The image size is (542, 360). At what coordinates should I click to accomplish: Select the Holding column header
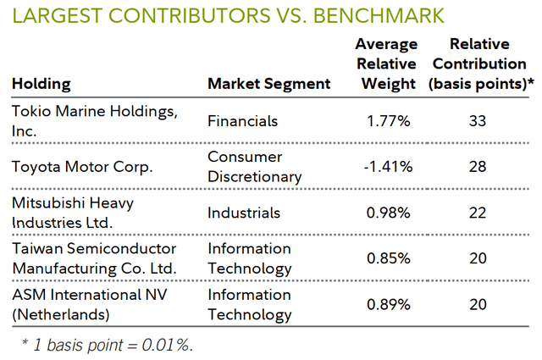(x=41, y=84)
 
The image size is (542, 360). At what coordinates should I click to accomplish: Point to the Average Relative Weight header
(x=386, y=64)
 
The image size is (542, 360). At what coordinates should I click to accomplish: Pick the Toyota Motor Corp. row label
(x=82, y=167)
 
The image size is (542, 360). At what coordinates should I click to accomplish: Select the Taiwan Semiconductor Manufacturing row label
(x=95, y=258)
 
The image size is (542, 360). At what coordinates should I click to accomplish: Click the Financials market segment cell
(x=242, y=121)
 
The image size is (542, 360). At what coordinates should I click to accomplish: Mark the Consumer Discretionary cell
(x=254, y=167)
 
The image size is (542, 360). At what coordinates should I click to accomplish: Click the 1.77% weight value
(x=389, y=121)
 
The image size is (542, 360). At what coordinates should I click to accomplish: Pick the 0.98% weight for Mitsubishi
(x=389, y=213)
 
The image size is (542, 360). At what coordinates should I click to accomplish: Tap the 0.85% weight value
(x=389, y=258)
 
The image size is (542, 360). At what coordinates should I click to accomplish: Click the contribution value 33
(x=478, y=121)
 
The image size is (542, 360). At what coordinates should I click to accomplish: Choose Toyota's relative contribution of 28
(x=478, y=167)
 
